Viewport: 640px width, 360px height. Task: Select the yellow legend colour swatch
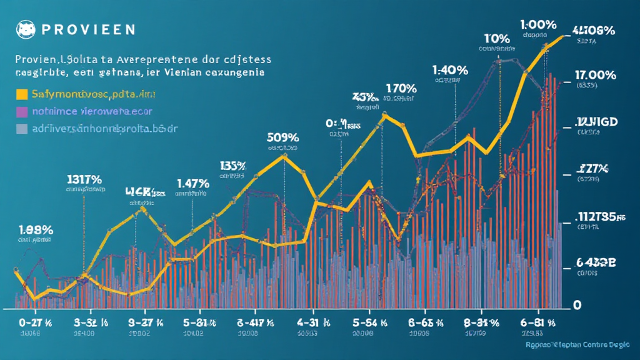21,94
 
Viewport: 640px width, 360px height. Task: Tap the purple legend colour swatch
21,112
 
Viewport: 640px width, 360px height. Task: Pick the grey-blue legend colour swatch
21,129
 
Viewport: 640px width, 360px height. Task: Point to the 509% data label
282,138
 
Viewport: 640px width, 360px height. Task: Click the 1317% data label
84,180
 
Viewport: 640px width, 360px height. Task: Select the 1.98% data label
34,229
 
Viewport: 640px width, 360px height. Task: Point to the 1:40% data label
450,70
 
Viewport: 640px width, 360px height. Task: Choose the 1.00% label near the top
537,24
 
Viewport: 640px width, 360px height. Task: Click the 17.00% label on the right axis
594,76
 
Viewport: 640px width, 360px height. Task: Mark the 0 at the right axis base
577,304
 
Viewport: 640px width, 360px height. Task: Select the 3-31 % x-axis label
91,323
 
